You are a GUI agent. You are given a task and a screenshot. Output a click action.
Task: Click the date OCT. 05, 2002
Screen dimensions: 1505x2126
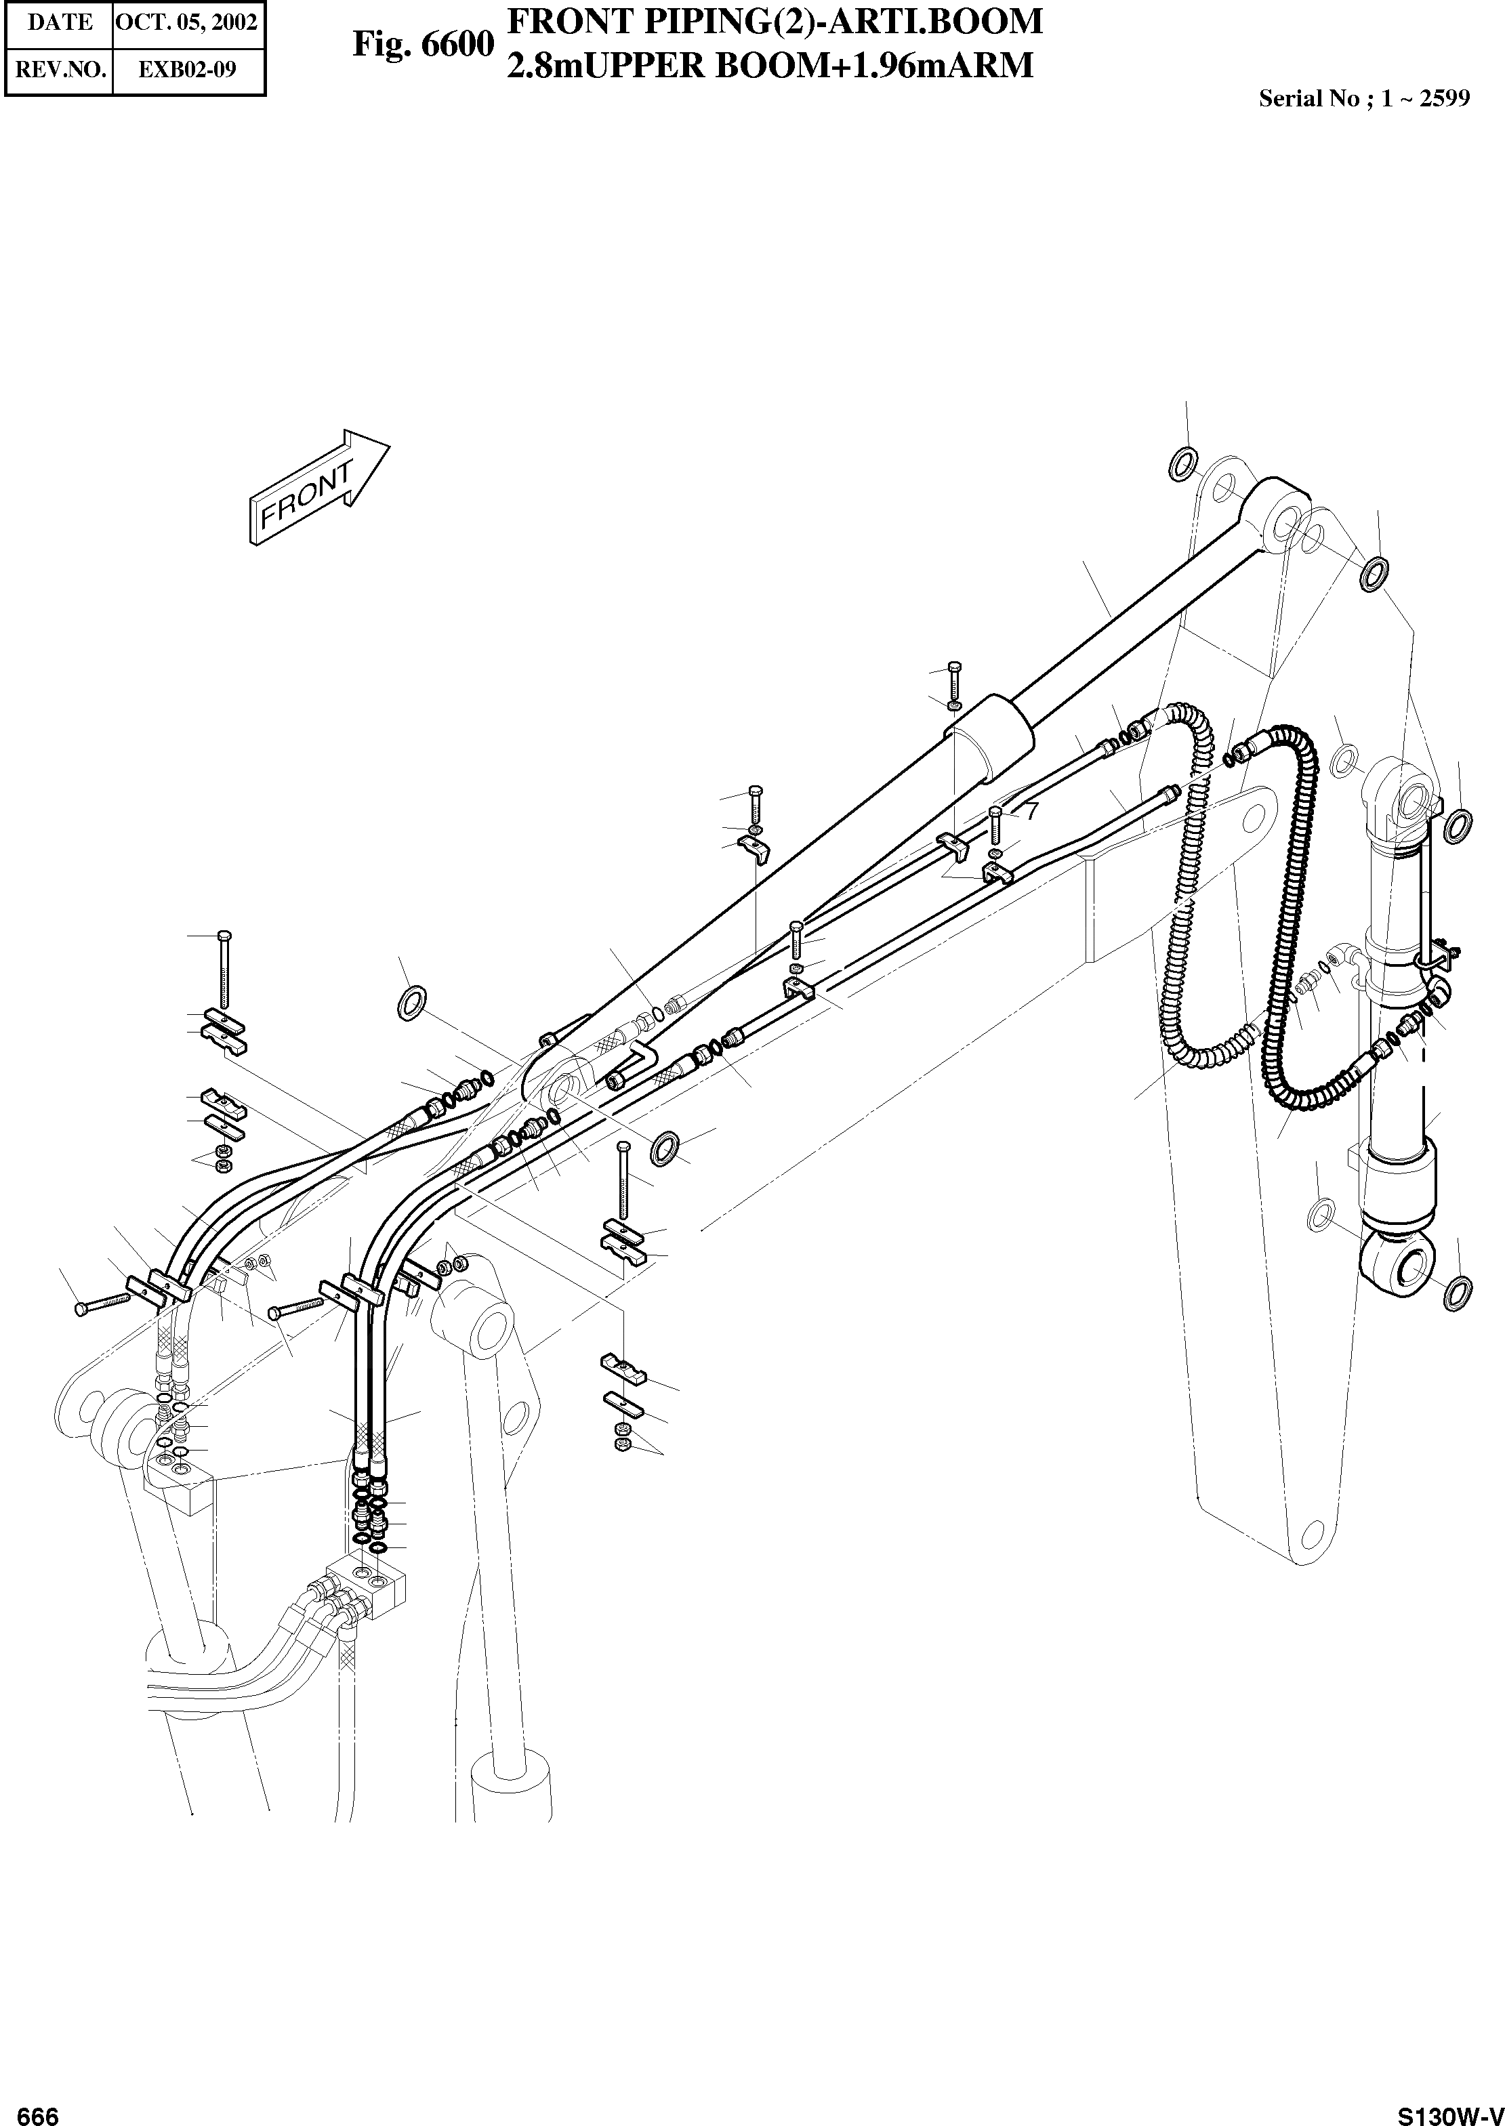click(188, 23)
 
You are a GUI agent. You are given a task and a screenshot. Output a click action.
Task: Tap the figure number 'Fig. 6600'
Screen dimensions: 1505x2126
click(423, 45)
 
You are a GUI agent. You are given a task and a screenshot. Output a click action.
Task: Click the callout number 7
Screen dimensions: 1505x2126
click(1031, 810)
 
